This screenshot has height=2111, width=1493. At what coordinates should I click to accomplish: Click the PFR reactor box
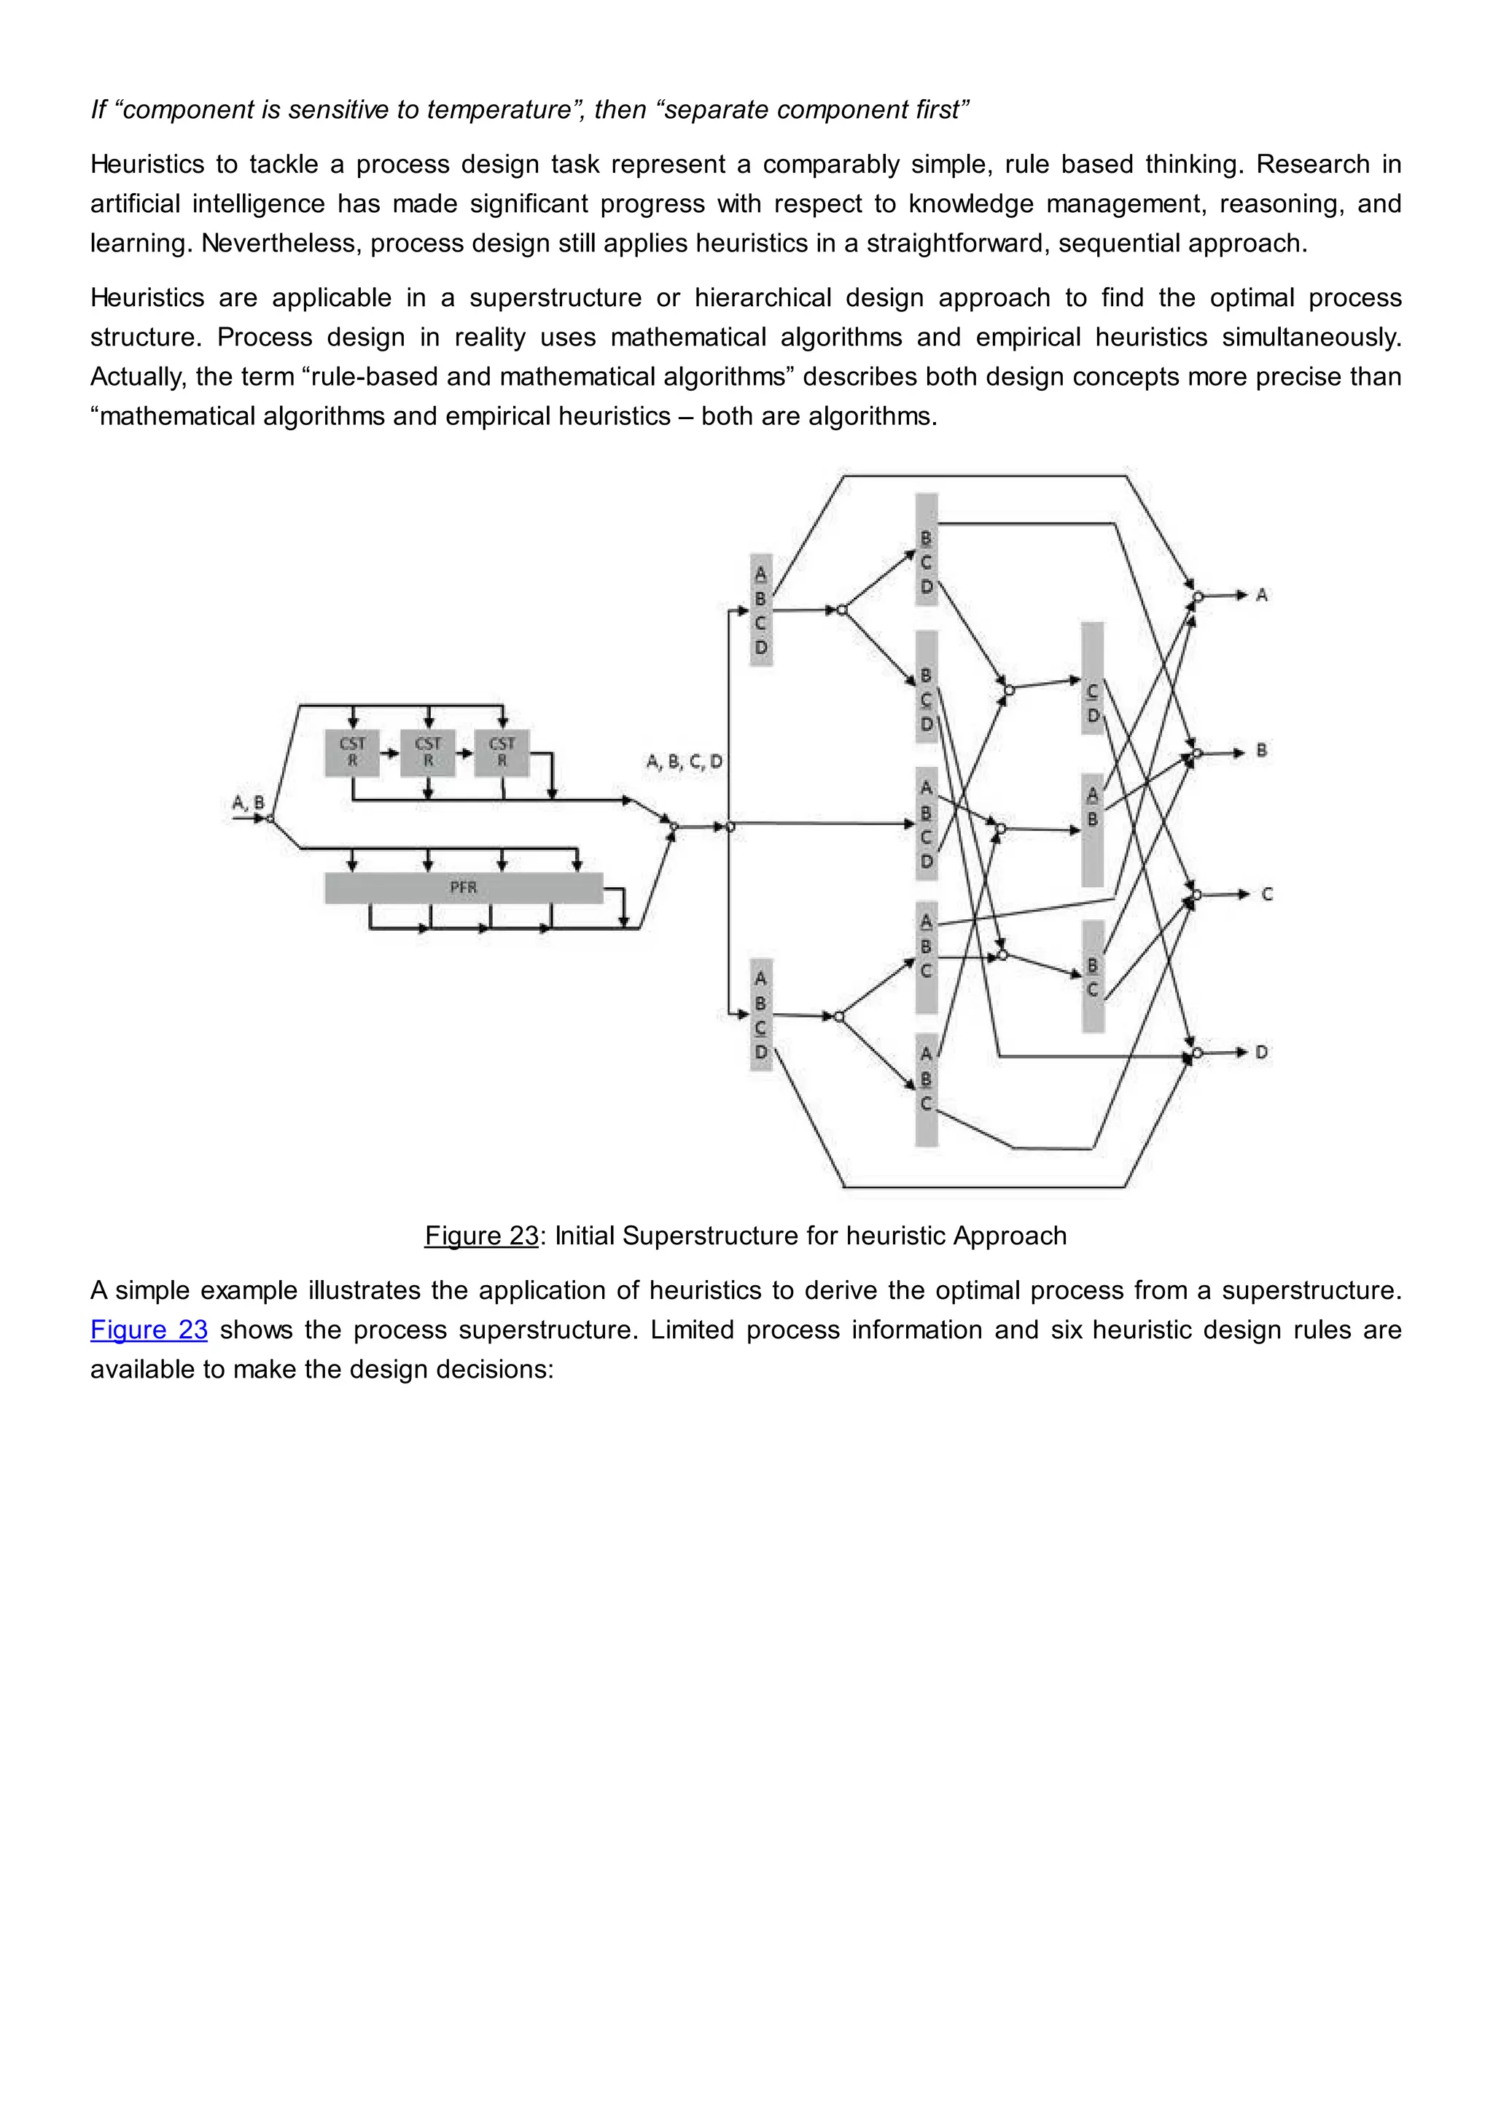[464, 887]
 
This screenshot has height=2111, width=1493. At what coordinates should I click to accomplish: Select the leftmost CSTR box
[352, 752]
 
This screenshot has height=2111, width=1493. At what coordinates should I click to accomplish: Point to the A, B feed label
[247, 802]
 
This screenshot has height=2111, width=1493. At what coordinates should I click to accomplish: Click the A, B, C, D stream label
[684, 761]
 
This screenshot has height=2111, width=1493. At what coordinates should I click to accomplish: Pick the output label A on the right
[1261, 595]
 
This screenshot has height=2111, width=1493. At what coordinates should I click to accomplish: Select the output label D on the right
[1261, 1052]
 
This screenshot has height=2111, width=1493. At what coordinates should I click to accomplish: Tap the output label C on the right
[1266, 894]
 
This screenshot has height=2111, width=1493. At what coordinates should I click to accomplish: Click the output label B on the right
[1261, 750]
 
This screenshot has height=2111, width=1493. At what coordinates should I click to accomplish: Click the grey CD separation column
[1092, 679]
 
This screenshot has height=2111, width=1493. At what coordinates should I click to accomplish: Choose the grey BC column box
[1092, 977]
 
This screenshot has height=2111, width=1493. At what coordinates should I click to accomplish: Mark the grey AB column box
[1092, 830]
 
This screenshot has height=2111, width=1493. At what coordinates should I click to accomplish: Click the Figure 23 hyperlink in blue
[149, 1330]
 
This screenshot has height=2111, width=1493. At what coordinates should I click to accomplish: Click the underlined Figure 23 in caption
[481, 1235]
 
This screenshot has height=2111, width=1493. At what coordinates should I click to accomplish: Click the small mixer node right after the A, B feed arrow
[270, 817]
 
